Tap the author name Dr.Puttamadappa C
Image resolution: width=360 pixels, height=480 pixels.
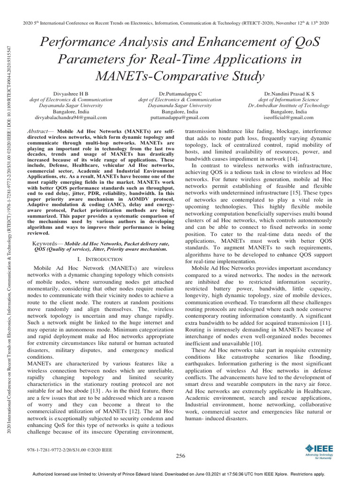(x=180, y=94)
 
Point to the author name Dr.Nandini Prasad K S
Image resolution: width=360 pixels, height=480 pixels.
(x=288, y=94)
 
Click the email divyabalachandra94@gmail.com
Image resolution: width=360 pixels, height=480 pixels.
(x=71, y=118)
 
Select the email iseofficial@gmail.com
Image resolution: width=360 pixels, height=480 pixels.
(x=288, y=118)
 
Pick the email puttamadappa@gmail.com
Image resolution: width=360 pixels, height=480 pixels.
(x=180, y=118)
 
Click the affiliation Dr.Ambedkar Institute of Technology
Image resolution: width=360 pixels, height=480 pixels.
(x=288, y=106)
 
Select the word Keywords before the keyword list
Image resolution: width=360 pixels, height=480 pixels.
(x=47, y=244)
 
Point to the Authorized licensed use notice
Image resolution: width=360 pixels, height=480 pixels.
(x=180, y=474)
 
